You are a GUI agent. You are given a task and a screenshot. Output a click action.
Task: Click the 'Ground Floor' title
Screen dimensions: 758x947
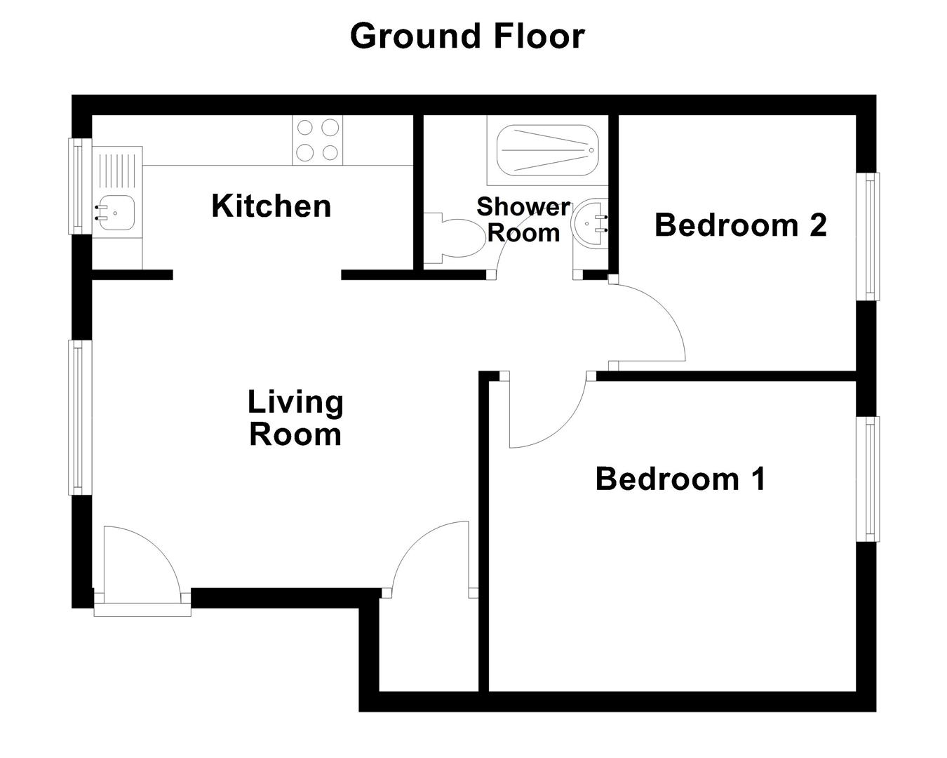466,36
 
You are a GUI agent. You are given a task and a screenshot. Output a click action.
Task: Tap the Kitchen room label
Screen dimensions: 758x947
271,206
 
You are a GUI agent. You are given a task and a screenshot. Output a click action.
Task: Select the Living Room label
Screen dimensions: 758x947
295,418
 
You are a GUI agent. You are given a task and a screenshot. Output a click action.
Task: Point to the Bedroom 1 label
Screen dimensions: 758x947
680,479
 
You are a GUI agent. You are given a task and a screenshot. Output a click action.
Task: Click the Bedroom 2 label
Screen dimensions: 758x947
740,225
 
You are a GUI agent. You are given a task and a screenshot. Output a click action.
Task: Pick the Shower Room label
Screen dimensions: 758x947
523,220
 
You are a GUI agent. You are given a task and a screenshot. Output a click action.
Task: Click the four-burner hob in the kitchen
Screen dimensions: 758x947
318,140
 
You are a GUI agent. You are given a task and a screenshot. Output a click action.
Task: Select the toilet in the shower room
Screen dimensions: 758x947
456,239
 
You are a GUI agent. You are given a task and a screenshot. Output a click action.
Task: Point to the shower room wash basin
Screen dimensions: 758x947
589,225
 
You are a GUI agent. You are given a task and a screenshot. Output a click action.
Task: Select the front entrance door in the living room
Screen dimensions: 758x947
140,561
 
